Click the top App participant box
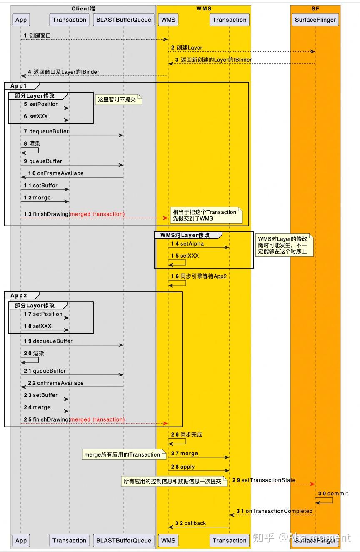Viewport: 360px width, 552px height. (x=21, y=20)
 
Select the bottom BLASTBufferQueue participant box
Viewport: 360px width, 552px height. (x=123, y=540)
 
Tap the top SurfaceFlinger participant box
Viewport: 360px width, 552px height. (x=315, y=20)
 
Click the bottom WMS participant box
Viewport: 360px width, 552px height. (x=168, y=540)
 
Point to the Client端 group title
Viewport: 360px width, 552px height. (x=83, y=8)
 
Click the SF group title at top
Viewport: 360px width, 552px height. (x=315, y=8)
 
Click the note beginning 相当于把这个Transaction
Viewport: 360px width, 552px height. (x=206, y=215)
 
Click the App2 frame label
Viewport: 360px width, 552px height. (x=18, y=295)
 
